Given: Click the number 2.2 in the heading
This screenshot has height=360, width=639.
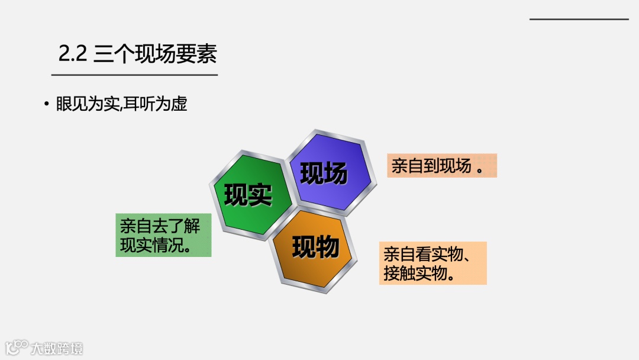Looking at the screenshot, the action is [x=73, y=54].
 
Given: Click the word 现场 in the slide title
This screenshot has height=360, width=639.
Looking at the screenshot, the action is [x=155, y=54].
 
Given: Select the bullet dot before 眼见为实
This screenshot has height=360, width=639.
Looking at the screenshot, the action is [x=46, y=105].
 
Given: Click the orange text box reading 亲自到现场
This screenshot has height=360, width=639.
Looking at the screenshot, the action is [x=441, y=166].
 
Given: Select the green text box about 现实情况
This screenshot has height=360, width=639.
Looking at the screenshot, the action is [x=163, y=235].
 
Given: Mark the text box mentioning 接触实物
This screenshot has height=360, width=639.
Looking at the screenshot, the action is [x=433, y=263].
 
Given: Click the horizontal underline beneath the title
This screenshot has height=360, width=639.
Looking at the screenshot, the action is [x=134, y=75].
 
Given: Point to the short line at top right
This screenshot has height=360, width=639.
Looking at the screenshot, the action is [x=579, y=20].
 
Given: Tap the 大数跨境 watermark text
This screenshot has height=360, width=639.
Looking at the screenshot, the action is [x=57, y=348].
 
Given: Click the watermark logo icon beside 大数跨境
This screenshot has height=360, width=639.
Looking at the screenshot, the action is [x=17, y=348].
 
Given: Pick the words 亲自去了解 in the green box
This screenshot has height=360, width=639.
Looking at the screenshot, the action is [x=160, y=226].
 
